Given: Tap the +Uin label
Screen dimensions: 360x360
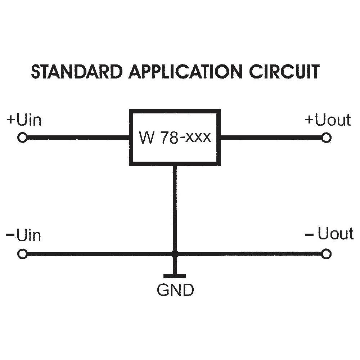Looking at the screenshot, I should click(x=24, y=120).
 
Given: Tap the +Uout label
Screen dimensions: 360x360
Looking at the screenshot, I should click(x=328, y=120).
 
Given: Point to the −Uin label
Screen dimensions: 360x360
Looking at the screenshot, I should click(x=24, y=236).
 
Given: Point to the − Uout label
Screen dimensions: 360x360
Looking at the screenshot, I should click(x=329, y=234).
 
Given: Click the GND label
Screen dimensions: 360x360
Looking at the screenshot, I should click(x=175, y=290).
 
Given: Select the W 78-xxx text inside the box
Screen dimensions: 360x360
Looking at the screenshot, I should click(x=175, y=137).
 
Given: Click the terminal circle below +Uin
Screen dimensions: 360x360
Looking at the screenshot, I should click(x=22, y=138).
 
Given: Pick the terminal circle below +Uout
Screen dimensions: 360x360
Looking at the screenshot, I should click(x=326, y=138).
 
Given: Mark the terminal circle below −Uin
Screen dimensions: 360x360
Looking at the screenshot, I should click(x=22, y=254).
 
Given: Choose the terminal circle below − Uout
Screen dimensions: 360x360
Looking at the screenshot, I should click(x=326, y=254).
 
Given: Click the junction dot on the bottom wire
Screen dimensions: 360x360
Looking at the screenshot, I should click(x=175, y=254).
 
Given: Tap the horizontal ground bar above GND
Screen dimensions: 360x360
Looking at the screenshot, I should click(x=175, y=276).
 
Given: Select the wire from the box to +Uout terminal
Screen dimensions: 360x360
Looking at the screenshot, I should click(x=270, y=138).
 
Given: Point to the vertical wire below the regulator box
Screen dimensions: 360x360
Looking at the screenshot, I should click(x=175, y=209).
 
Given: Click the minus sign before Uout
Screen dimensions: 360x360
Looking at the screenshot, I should click(x=309, y=235).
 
